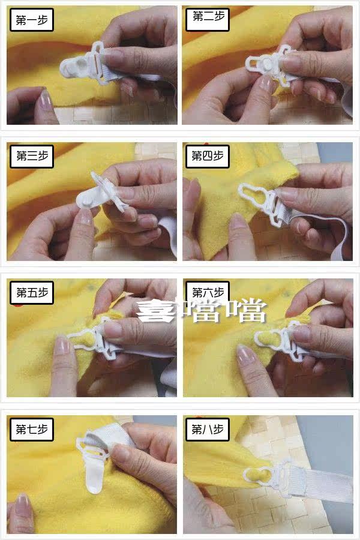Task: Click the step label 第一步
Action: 32,20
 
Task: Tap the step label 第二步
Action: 208,17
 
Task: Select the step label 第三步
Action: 32,157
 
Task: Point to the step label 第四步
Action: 208,157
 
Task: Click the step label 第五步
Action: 32,292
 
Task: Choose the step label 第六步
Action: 208,292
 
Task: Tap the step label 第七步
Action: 32,429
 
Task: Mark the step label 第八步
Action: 208,429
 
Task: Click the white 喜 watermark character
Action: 156,310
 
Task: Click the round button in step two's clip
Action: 268,62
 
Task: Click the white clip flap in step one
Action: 74,65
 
